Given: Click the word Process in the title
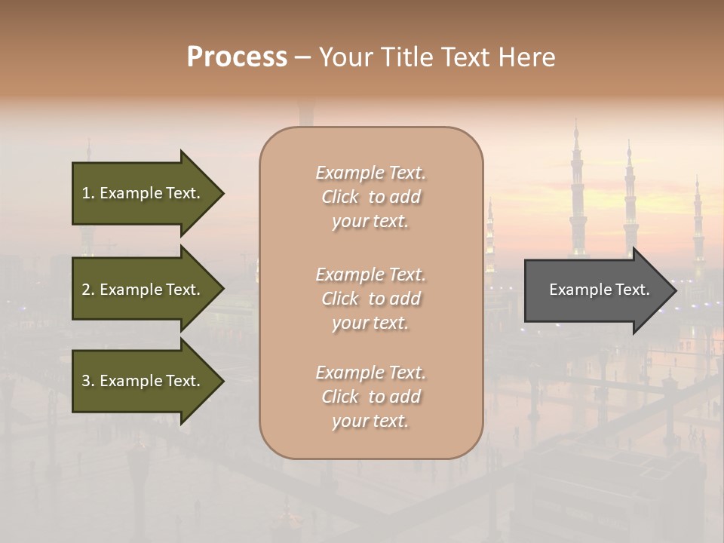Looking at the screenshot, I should [x=237, y=57].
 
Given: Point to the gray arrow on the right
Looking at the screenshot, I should [x=596, y=290].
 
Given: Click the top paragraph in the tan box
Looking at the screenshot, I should [x=370, y=197].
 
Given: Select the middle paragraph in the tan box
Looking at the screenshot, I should [x=370, y=299].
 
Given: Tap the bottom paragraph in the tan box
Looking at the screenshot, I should [x=370, y=397].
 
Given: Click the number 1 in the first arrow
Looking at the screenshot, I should [x=86, y=193].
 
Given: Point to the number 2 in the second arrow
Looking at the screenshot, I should [x=86, y=290].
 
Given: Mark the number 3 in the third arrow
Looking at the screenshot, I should [x=86, y=381].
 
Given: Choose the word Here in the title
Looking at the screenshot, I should [x=527, y=57].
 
